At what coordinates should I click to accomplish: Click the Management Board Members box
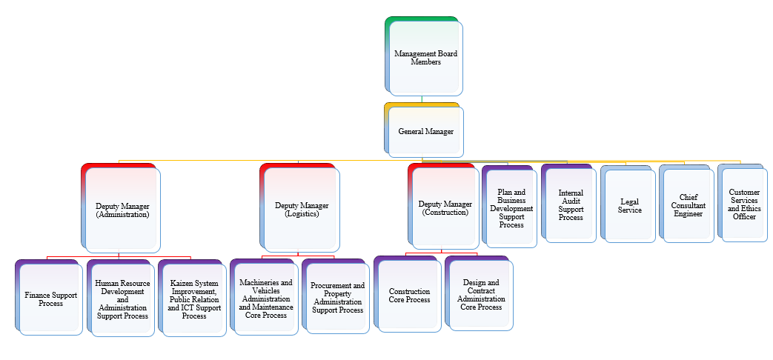click(425, 58)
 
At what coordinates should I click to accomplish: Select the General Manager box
click(425, 131)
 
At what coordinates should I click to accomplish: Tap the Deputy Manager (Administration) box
click(122, 209)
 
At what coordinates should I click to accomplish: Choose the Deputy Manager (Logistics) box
click(302, 209)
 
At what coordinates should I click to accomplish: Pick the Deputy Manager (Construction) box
click(445, 208)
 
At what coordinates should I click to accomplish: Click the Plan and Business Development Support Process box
click(511, 208)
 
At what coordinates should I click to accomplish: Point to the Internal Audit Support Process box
click(571, 204)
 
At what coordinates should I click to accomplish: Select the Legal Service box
click(629, 206)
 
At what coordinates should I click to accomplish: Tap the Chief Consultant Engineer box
click(689, 205)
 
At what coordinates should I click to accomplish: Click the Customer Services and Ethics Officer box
click(744, 204)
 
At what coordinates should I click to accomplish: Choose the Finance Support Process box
click(50, 299)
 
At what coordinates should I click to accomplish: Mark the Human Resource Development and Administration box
click(122, 299)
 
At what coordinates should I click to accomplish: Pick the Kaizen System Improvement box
click(194, 299)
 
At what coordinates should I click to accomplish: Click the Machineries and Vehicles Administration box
click(266, 299)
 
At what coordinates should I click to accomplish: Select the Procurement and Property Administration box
click(337, 298)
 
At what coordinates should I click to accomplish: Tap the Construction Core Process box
click(409, 296)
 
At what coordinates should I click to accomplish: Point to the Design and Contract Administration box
click(480, 295)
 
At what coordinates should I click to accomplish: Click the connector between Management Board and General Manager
click(422, 99)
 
